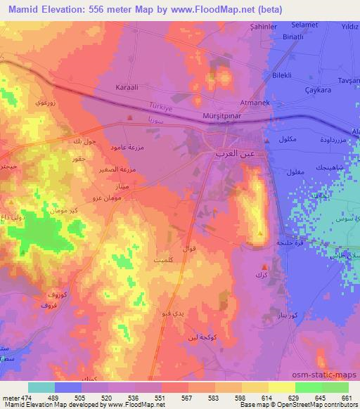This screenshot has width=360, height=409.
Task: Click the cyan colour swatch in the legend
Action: point(41,387)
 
